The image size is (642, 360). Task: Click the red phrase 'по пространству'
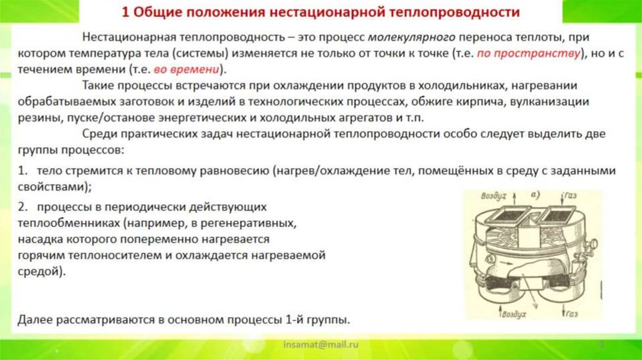pyautogui.click(x=528, y=54)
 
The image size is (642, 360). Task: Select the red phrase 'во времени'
pyautogui.click(x=194, y=70)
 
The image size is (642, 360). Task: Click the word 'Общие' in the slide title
pyautogui.click(x=155, y=13)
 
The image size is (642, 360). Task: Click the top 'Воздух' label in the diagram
pyautogui.click(x=494, y=196)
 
